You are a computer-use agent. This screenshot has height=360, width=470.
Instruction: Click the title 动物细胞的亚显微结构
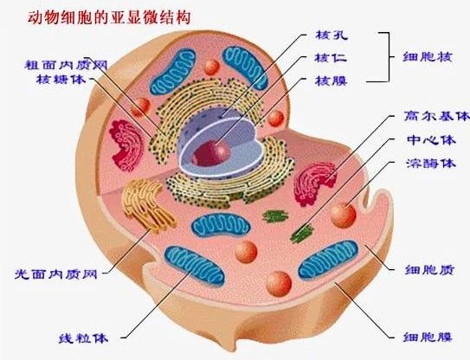click(109, 17)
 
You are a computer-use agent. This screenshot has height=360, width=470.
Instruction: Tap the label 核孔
click(332, 35)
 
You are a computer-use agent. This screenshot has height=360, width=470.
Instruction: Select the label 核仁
click(331, 57)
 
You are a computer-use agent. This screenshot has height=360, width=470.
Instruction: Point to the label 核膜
click(331, 80)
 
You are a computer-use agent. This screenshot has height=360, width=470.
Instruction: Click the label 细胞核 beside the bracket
click(427, 56)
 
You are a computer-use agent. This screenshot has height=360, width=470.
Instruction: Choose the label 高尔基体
click(436, 116)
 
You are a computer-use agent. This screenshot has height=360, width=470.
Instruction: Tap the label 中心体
click(431, 139)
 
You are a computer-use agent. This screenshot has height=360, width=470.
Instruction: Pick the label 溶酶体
click(431, 164)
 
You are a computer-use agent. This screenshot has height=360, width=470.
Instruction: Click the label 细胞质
click(429, 270)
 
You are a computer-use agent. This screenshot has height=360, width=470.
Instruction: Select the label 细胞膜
click(427, 337)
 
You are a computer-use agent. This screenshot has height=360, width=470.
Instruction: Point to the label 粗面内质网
click(66, 65)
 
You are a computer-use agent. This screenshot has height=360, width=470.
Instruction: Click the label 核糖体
click(61, 79)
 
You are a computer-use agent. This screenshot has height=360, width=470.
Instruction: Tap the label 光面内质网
click(56, 273)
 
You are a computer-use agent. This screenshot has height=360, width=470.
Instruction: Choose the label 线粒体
click(83, 338)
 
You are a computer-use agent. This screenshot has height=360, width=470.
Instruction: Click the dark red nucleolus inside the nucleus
click(211, 152)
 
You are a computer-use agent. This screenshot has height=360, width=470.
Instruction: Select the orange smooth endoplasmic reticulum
click(147, 205)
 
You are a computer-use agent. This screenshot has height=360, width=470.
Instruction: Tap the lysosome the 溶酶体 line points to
click(343, 215)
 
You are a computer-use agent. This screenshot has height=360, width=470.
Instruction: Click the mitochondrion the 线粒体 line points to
click(195, 266)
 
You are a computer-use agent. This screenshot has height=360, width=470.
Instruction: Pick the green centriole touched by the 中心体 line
click(302, 233)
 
